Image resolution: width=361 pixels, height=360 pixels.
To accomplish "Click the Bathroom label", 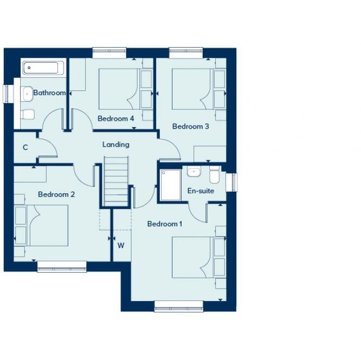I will (x=49, y=93).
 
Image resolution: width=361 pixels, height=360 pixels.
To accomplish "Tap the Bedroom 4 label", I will (x=115, y=119).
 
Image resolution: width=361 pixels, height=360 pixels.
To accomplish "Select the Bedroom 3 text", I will (x=190, y=127).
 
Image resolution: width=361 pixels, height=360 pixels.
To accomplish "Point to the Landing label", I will (x=116, y=145).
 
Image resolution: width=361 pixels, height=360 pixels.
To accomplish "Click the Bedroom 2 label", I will (x=56, y=194).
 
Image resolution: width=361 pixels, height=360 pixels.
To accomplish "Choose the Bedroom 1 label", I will (x=165, y=224).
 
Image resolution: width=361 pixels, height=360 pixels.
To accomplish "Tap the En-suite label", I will (x=201, y=191).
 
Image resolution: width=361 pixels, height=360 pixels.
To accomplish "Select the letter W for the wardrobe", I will (x=121, y=245).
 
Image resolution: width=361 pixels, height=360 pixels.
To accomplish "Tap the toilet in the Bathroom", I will (x=28, y=114).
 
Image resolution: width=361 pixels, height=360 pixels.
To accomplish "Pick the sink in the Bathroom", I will (x=27, y=94).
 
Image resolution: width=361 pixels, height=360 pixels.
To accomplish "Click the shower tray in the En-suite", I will (x=171, y=185).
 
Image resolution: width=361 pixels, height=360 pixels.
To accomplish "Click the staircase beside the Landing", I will (x=116, y=181).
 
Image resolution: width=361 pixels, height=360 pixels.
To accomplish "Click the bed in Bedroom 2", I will (x=48, y=225).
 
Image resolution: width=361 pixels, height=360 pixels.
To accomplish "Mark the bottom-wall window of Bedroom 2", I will (x=62, y=266).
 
